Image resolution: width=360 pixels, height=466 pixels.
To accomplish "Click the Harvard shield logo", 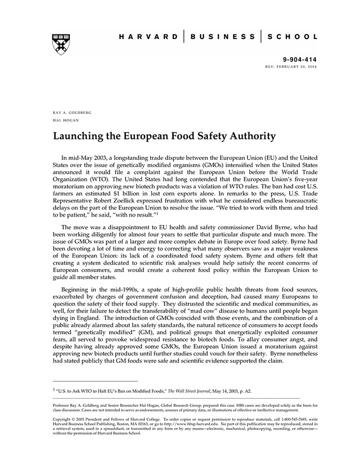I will (61, 44).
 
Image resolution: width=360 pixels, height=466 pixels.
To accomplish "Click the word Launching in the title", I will (80, 136).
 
